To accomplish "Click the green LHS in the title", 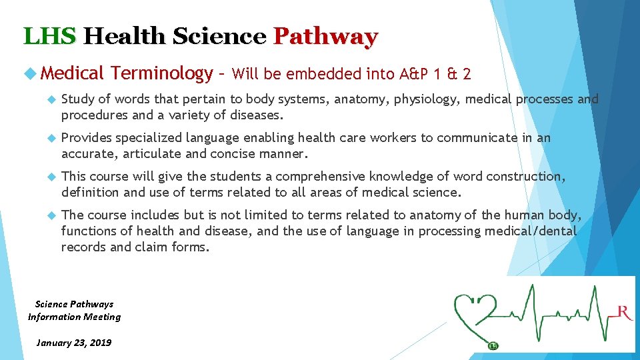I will pyautogui.click(x=50, y=36).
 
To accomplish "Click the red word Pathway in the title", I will pyautogui.click(x=325, y=36).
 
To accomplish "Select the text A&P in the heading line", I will pyautogui.click(x=417, y=74).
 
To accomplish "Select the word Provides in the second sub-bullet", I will pyautogui.click(x=86, y=138).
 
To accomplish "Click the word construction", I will pyautogui.click(x=531, y=177).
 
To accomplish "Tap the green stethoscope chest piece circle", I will pyautogui.click(x=492, y=345).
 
